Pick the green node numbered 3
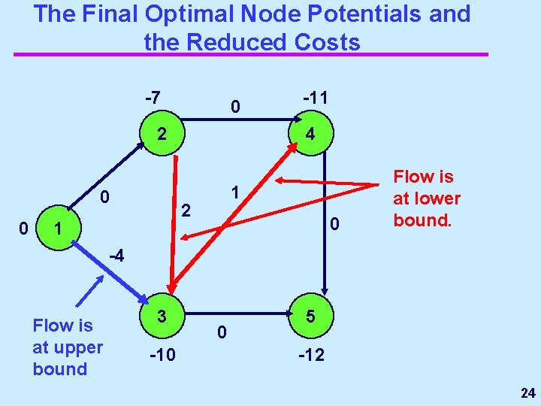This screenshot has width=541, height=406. coord(162,317)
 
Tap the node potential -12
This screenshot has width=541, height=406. coord(311,354)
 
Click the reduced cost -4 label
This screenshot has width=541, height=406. coord(115,256)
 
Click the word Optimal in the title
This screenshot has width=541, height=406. coord(183,14)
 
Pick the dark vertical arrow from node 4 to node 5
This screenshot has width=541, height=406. coord(325,226)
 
